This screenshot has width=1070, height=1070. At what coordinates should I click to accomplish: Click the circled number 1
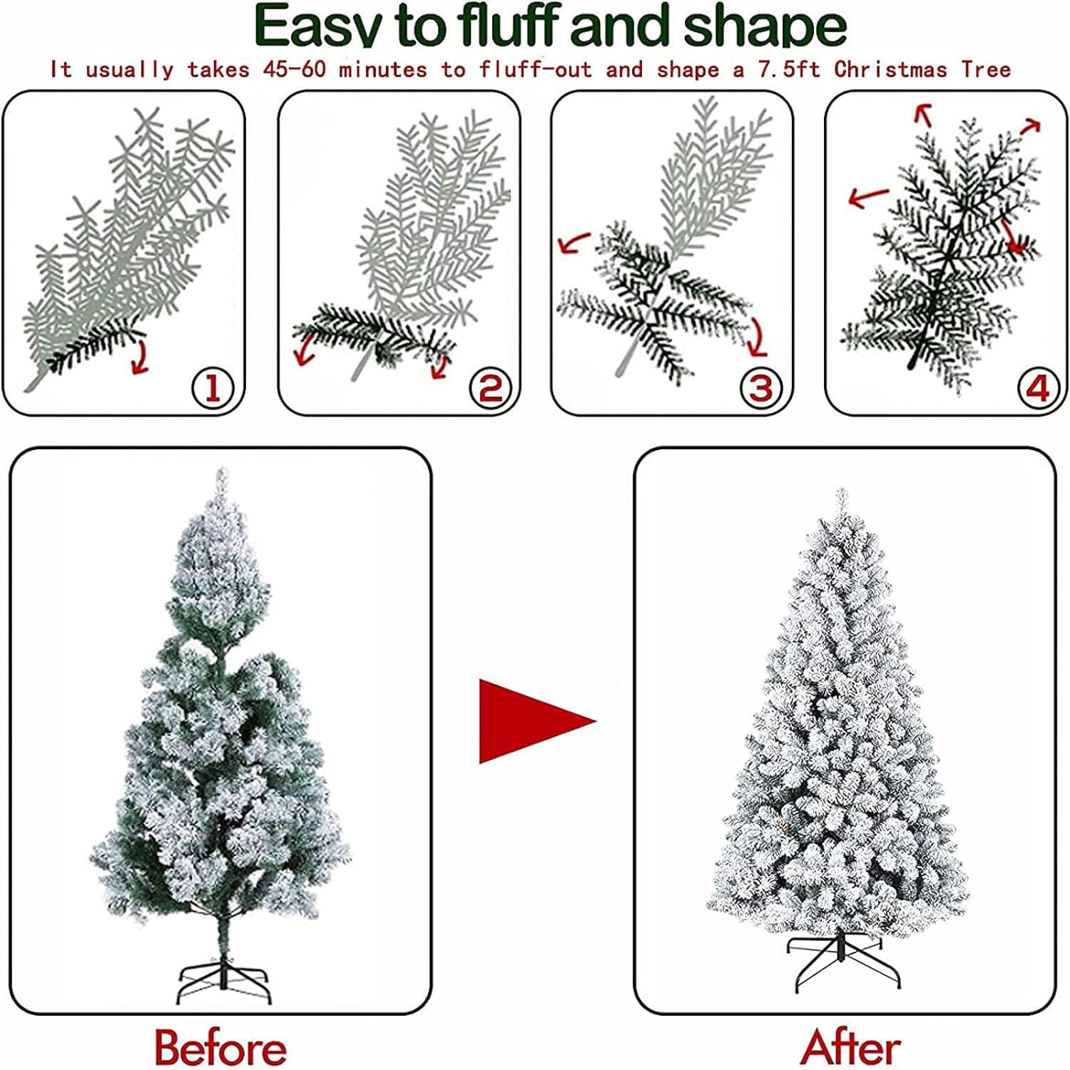(213, 389)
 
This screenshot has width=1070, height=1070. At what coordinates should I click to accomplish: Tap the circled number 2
(491, 389)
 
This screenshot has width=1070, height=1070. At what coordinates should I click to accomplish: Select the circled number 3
(760, 389)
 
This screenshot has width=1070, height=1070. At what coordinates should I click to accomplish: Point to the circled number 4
(1037, 389)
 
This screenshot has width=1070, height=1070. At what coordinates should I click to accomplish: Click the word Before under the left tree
(220, 1048)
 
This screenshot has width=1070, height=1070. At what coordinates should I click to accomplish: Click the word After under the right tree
(850, 1048)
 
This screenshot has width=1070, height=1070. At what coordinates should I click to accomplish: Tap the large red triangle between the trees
(531, 720)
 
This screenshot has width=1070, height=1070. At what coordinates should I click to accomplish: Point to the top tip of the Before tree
(223, 472)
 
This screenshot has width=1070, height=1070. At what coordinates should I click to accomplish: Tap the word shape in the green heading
(765, 26)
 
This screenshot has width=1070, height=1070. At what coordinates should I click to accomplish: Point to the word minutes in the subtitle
(382, 70)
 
